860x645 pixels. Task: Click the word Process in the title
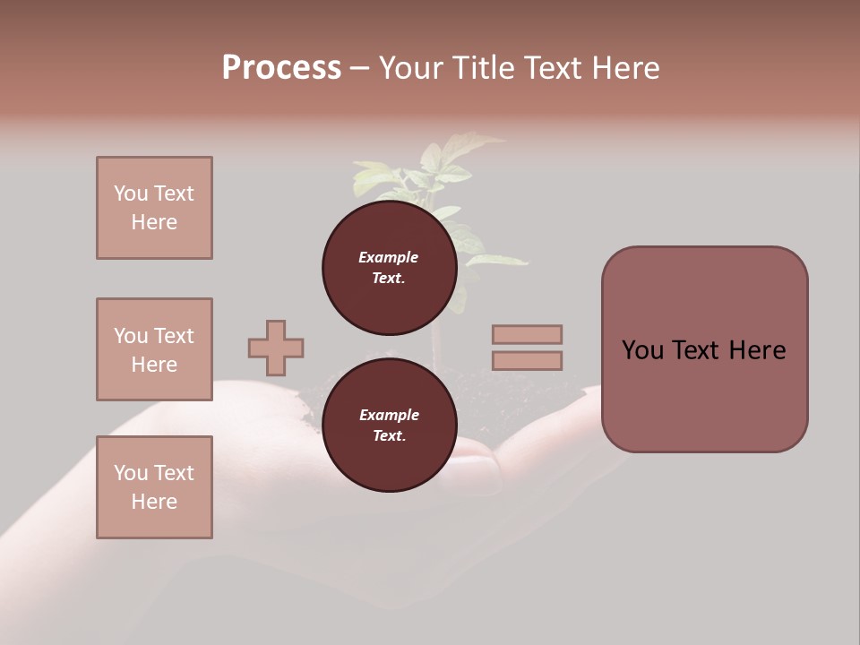[x=281, y=68]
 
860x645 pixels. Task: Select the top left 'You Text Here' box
[x=154, y=208]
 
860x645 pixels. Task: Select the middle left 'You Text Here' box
[x=154, y=349]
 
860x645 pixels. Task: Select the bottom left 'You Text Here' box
[x=154, y=487]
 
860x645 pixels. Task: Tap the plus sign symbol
[x=276, y=348]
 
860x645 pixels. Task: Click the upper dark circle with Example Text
[x=389, y=267]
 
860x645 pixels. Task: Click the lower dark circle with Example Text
[x=389, y=425]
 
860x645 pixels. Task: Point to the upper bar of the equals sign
[x=527, y=334]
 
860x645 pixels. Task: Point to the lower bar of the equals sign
[x=527, y=360]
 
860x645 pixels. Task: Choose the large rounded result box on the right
[x=704, y=349]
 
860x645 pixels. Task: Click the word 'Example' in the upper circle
[x=389, y=257]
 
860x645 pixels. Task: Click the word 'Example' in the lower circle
[x=389, y=415]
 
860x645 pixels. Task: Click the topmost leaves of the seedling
[x=466, y=148]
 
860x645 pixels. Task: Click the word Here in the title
[x=622, y=68]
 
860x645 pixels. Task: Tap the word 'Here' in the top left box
[x=154, y=222]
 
